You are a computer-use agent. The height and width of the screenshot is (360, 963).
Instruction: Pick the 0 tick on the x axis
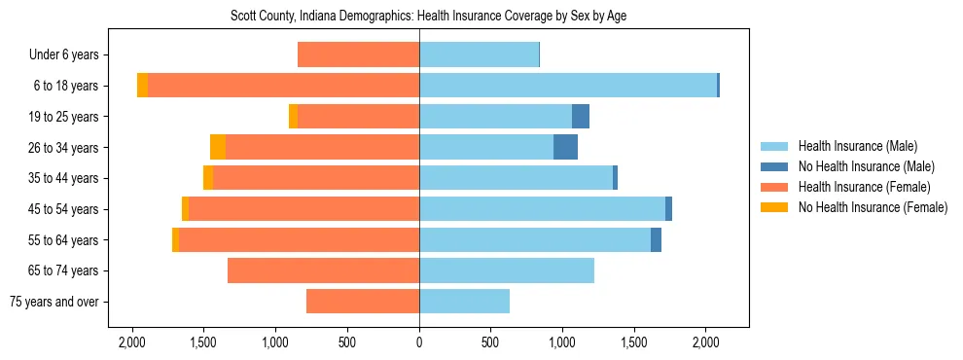pyautogui.click(x=419, y=342)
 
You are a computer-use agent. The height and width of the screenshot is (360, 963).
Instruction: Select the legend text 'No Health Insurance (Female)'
pyautogui.click(x=873, y=207)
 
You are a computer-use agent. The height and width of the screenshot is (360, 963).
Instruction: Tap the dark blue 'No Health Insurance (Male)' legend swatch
pyautogui.click(x=774, y=166)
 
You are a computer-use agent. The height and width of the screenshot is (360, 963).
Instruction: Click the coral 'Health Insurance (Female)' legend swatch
pyautogui.click(x=774, y=187)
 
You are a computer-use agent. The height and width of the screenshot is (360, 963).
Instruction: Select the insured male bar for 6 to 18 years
pyautogui.click(x=568, y=86)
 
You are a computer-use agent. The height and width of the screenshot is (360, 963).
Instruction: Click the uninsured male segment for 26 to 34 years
pyautogui.click(x=565, y=147)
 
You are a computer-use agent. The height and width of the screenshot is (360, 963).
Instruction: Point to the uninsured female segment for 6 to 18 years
pyautogui.click(x=143, y=86)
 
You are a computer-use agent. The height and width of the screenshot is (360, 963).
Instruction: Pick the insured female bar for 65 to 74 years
pyautogui.click(x=323, y=270)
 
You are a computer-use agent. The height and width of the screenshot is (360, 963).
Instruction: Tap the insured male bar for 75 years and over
pyautogui.click(x=464, y=302)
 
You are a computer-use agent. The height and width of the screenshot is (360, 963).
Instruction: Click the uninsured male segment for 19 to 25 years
pyautogui.click(x=581, y=117)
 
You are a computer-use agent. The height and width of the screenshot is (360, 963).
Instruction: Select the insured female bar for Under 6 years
pyautogui.click(x=358, y=54)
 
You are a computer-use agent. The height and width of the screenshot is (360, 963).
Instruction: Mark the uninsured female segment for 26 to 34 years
pyautogui.click(x=218, y=147)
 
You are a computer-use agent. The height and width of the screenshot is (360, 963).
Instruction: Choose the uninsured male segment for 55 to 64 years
pyautogui.click(x=656, y=239)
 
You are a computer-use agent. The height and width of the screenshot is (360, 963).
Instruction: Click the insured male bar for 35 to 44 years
pyautogui.click(x=516, y=178)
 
